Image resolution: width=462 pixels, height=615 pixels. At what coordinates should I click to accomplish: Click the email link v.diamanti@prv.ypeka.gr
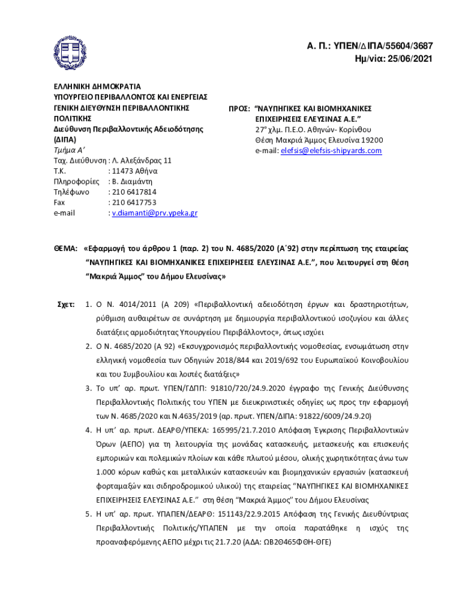point(155,213)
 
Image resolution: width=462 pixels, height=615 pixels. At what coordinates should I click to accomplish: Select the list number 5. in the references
point(88,514)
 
